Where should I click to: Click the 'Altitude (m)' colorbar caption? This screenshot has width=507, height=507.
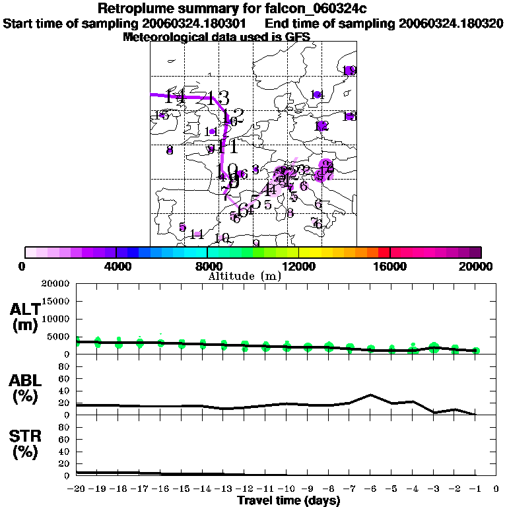tap(244, 276)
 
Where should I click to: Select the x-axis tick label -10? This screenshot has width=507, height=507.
tap(286, 489)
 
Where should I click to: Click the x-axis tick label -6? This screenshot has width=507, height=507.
tap(370, 489)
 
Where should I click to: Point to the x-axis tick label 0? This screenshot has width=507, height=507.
tap(496, 489)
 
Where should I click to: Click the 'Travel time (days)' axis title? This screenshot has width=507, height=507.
tap(288, 500)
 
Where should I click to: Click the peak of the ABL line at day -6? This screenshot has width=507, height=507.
tap(371, 395)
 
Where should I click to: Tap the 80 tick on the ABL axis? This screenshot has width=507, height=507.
tap(65, 366)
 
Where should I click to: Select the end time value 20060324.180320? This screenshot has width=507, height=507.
tap(451, 23)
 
